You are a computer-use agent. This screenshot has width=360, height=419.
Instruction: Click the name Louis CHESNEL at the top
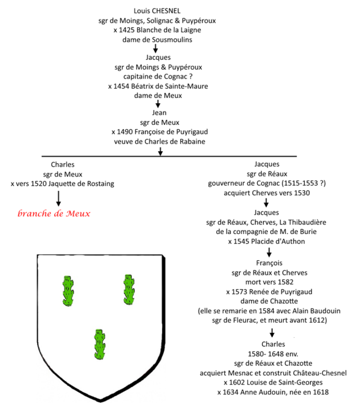[x=157, y=11]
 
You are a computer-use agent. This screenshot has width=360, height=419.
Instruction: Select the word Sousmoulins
[x=172, y=40]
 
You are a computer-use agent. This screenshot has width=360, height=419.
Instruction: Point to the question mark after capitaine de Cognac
[x=191, y=77]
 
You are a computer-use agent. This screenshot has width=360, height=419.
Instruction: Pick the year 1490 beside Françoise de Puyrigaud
[x=125, y=132]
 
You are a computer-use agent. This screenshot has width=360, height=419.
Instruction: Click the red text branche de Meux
[x=54, y=213]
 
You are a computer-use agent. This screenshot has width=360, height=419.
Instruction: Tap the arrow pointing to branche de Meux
[x=59, y=198]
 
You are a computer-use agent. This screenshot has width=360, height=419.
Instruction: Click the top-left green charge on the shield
[x=68, y=291]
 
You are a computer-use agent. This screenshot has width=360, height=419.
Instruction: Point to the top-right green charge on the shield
[x=129, y=289]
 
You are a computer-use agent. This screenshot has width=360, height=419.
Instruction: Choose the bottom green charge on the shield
[x=100, y=344]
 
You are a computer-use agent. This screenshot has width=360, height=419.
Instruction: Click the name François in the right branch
[x=269, y=263]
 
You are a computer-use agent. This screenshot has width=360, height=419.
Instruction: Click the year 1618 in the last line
[x=321, y=392]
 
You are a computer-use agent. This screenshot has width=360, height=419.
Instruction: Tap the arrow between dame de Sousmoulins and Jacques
[x=155, y=48]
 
